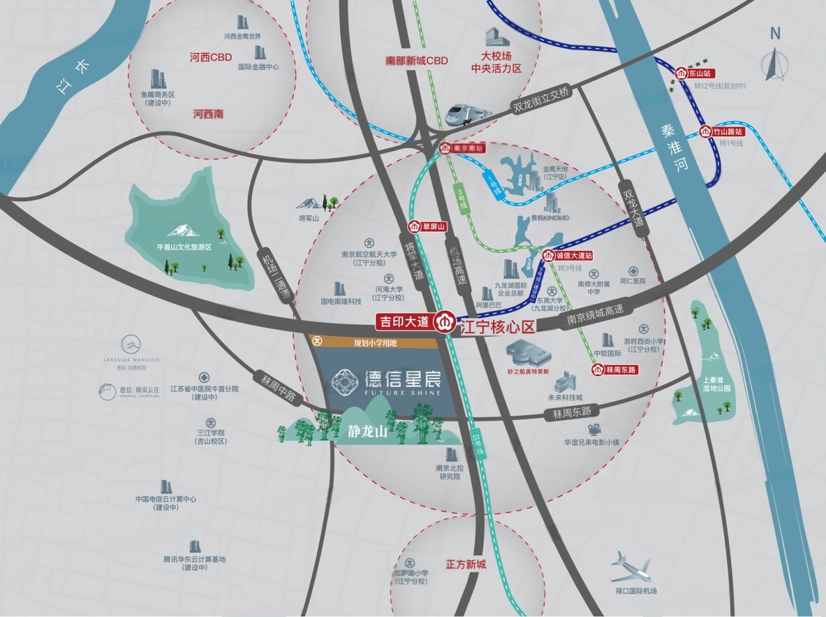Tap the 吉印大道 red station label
click(404, 322)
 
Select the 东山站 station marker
click(696, 73)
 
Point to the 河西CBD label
click(211, 58)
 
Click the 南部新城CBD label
click(416, 61)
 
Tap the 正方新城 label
click(466, 564)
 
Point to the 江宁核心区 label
click(497, 327)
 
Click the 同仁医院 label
click(632, 281)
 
